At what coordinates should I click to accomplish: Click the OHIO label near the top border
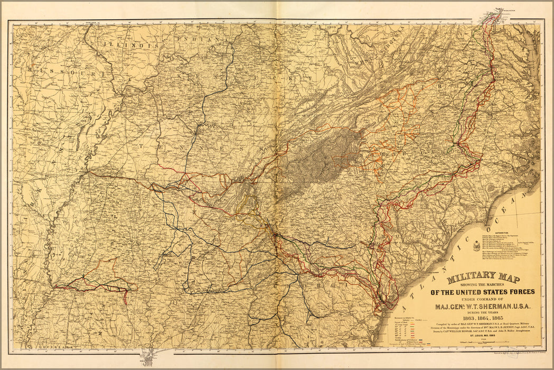click(x=331, y=26)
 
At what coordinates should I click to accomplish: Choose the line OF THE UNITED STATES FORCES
click(x=483, y=291)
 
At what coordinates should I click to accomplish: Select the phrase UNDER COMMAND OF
click(x=483, y=299)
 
